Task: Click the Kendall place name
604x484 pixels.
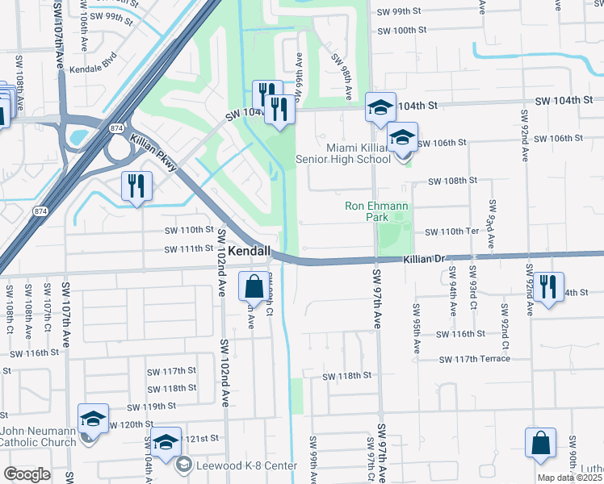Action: click(x=249, y=252)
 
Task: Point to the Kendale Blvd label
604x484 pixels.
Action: click(x=94, y=69)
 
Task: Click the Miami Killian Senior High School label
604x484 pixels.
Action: click(x=347, y=152)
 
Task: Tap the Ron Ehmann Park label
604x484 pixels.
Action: click(x=378, y=211)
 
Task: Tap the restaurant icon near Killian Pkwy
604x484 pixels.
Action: click(x=136, y=186)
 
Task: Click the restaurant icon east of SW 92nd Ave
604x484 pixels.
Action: click(x=548, y=286)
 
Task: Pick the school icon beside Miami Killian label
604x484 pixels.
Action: click(x=402, y=138)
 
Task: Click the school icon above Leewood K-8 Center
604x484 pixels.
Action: click(x=166, y=443)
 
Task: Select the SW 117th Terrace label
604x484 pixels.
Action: click(x=476, y=359)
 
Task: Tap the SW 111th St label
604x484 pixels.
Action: click(x=191, y=249)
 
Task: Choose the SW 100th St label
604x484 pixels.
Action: click(x=403, y=30)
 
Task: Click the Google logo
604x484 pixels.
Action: click(x=27, y=474)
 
